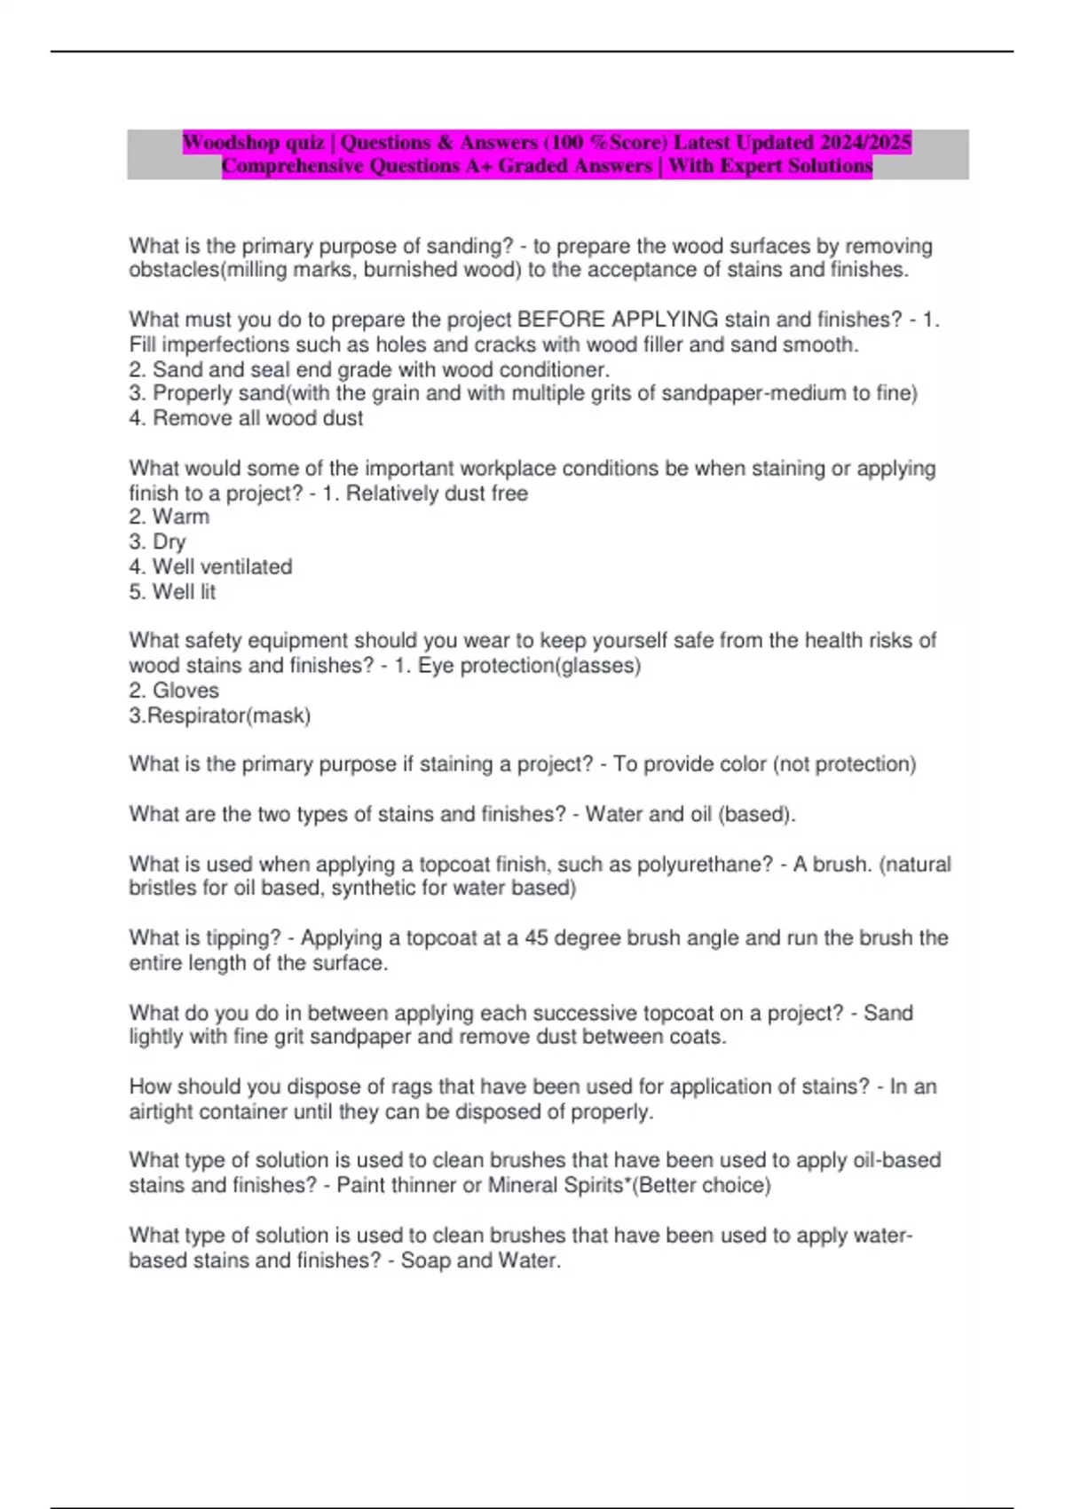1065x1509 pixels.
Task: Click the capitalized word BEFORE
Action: pyautogui.click(x=561, y=320)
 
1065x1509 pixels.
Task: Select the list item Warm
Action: pyautogui.click(x=181, y=517)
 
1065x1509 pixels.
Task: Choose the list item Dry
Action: pyautogui.click(x=170, y=541)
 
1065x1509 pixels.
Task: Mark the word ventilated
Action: pyautogui.click(x=244, y=566)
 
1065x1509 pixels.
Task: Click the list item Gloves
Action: pyautogui.click(x=185, y=690)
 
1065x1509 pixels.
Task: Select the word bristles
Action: pyautogui.click(x=163, y=888)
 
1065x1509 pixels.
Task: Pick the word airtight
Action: pyautogui.click(x=161, y=1111)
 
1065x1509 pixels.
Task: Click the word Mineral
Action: pyautogui.click(x=523, y=1185)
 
